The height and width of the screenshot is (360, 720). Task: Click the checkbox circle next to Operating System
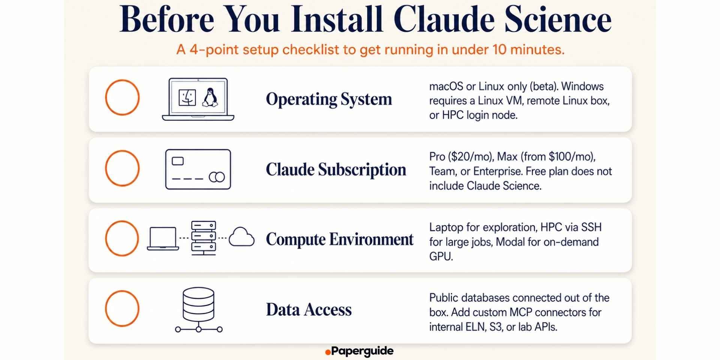coord(122,80)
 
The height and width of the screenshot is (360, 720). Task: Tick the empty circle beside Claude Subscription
coord(122,151)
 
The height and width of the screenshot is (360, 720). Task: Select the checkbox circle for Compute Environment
coord(122,221)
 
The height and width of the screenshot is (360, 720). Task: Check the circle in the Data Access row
coord(122,291)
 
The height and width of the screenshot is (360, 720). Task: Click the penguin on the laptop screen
coord(210,98)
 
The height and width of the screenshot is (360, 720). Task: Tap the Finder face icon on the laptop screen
coord(187,98)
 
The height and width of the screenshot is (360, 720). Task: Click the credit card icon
coord(198,169)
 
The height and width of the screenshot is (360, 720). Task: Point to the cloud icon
coord(241,237)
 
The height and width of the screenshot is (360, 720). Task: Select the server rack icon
coord(204,238)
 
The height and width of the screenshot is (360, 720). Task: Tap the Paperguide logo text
coord(362,351)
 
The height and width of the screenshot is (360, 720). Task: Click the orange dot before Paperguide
coord(328,352)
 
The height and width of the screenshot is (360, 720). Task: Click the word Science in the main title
coord(558,19)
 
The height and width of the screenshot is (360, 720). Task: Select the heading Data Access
coord(309,310)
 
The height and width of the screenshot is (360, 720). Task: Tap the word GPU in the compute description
coord(441,256)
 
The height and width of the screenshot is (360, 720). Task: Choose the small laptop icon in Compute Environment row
coord(163,238)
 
